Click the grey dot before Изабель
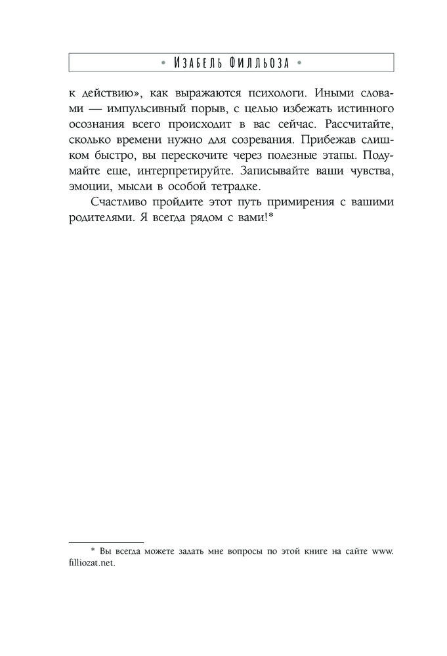coord(163,64)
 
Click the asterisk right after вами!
coord(270,216)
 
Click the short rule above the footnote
coord(106,542)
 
